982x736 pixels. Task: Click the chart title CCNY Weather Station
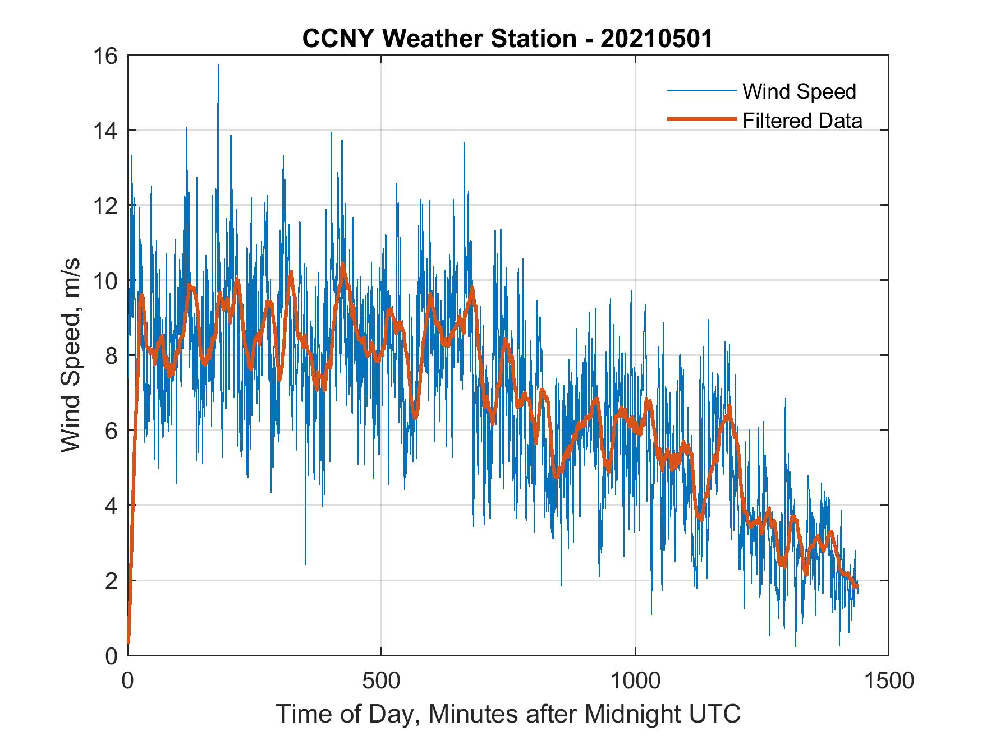click(x=439, y=39)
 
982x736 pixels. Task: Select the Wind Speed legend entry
click(x=799, y=91)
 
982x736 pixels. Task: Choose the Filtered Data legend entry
click(x=802, y=121)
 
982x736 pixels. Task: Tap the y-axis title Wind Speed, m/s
click(x=71, y=355)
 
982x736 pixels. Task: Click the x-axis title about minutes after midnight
click(x=508, y=714)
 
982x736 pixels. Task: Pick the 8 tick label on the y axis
click(x=112, y=355)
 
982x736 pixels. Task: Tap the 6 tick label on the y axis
click(x=112, y=431)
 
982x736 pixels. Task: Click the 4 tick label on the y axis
click(x=112, y=506)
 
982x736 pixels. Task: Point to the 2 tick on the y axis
click(x=112, y=581)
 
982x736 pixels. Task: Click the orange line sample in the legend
click(x=701, y=119)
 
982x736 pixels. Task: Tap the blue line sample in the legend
click(x=701, y=91)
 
